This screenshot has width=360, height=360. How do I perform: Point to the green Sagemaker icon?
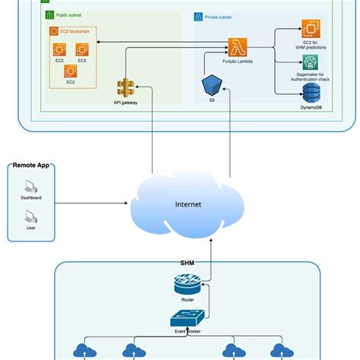(311, 62)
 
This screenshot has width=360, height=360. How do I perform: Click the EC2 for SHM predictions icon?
(311, 30)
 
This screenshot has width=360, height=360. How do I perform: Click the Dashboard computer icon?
(31, 185)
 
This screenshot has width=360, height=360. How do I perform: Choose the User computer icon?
(31, 215)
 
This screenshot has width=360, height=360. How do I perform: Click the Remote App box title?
(31, 165)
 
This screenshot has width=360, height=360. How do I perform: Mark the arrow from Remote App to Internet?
(91, 204)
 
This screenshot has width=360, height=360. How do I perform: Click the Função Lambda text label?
(236, 63)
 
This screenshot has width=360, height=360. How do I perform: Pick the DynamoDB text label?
(311, 108)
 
